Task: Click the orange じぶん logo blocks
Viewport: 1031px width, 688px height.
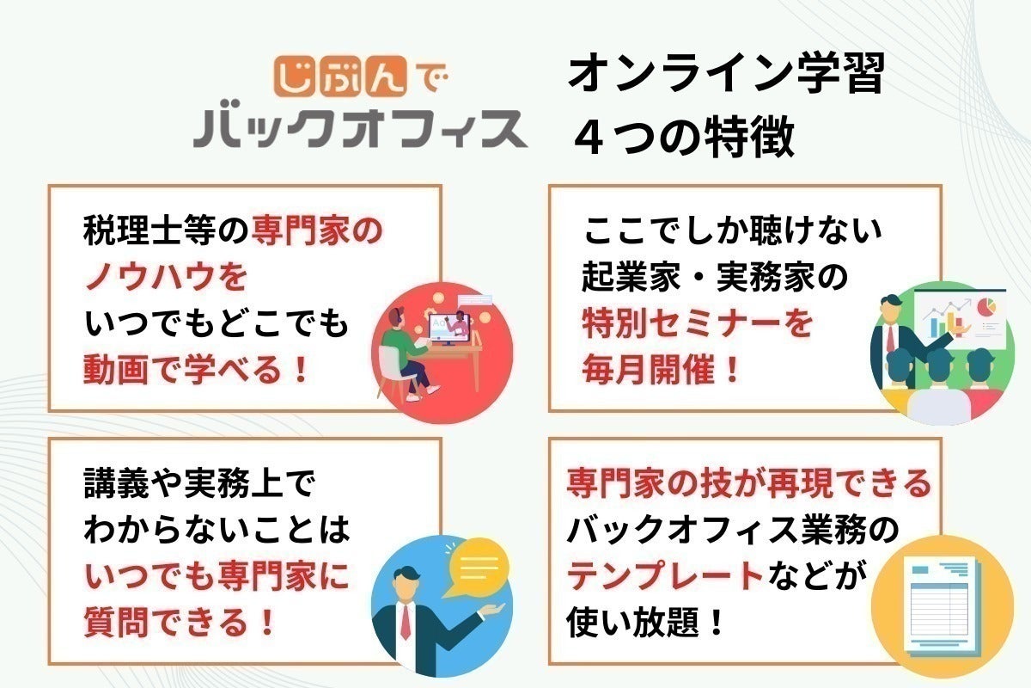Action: (340, 76)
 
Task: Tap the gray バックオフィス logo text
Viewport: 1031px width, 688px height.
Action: (360, 128)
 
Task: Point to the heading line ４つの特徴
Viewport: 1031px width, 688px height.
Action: (685, 137)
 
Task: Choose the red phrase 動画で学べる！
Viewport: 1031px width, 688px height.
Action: (195, 369)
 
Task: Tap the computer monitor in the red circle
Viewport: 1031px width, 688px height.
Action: (449, 329)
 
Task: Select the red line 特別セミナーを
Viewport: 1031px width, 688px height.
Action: (697, 322)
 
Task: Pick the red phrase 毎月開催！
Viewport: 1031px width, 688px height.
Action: (661, 369)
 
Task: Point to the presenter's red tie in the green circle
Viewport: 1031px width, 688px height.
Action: (891, 338)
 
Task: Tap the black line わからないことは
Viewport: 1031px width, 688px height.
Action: (217, 529)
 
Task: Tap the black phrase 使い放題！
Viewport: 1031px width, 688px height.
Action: (644, 621)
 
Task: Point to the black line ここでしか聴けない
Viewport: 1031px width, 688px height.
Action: (732, 230)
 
